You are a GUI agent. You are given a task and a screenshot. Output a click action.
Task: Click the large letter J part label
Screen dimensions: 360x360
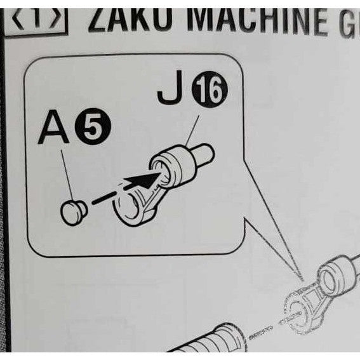pyautogui.click(x=168, y=93)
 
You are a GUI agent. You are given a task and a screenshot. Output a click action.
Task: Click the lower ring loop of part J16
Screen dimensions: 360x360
pyautogui.click(x=130, y=210)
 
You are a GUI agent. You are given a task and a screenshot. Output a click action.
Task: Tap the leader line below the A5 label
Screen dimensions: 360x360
pyautogui.click(x=67, y=171)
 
